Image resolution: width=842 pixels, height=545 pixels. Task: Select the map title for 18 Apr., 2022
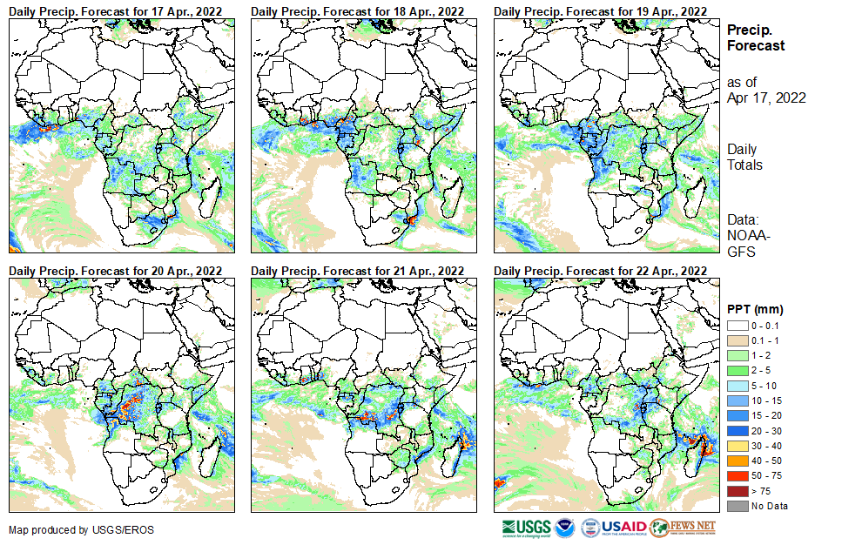click(x=358, y=10)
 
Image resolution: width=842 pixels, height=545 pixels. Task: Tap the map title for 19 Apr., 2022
click(x=600, y=10)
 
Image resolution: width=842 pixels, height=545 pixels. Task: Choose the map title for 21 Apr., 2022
click(x=358, y=271)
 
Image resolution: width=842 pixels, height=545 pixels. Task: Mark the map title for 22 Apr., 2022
click(x=600, y=271)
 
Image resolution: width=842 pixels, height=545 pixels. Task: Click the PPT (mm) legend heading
click(x=755, y=309)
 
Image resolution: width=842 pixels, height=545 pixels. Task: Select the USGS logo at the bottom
click(x=526, y=528)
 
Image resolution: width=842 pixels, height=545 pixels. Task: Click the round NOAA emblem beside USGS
click(x=565, y=528)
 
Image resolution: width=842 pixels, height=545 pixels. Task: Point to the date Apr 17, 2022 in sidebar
click(x=766, y=98)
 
